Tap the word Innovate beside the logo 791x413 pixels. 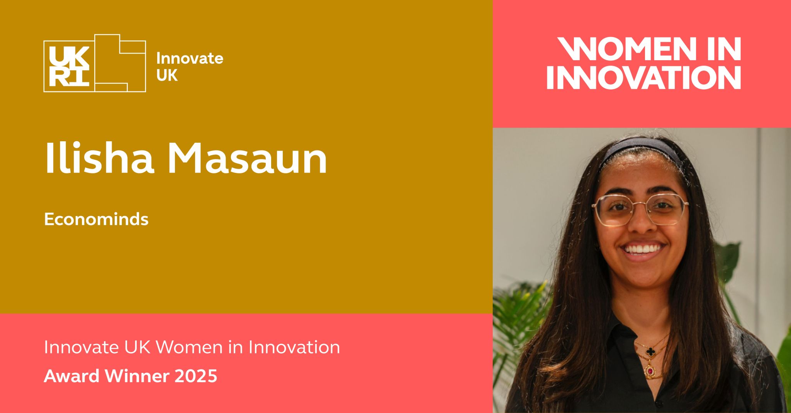tap(190, 58)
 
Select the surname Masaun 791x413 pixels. tap(248, 159)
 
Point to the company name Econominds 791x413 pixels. tap(96, 219)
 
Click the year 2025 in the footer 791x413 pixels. tap(196, 376)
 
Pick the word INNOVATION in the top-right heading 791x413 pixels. tap(643, 78)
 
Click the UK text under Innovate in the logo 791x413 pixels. tap(167, 76)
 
